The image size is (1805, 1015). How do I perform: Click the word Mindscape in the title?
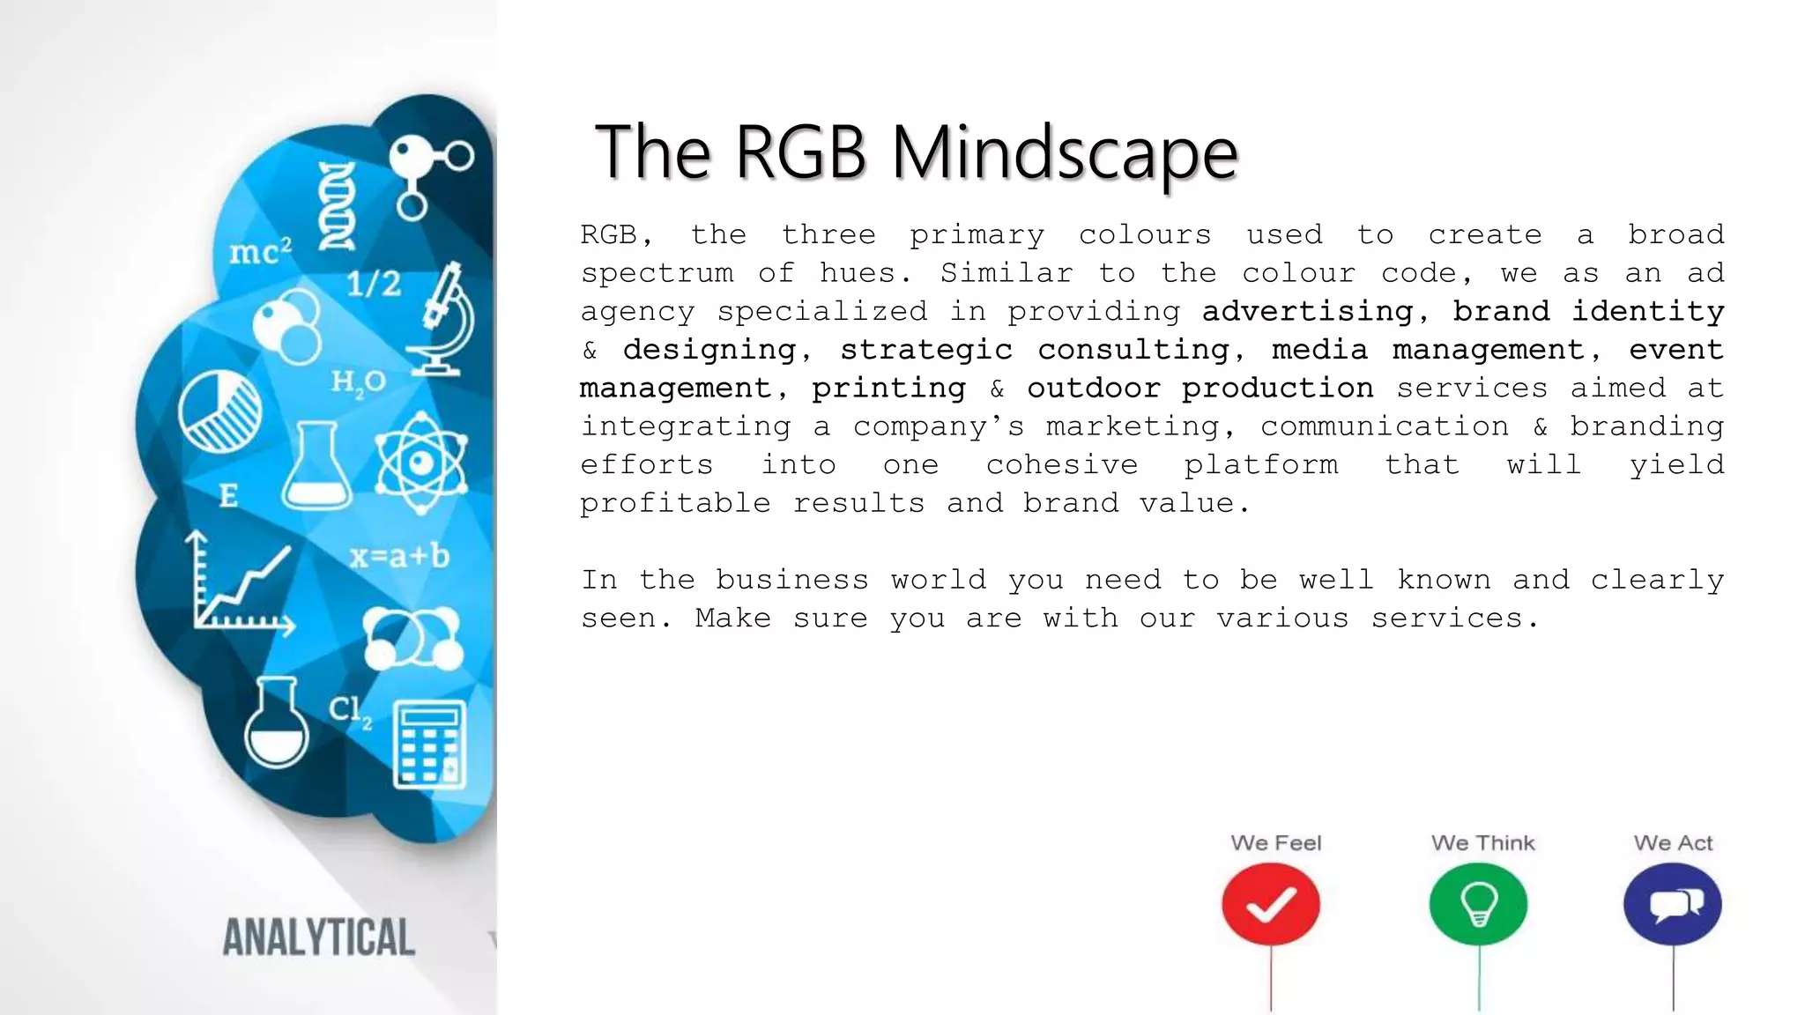(1065, 153)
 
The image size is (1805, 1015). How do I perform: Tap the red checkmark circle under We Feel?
(1270, 905)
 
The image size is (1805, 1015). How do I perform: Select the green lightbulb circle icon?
(1478, 905)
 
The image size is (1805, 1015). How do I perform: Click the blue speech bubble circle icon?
(1672, 905)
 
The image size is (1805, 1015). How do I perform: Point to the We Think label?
(1482, 843)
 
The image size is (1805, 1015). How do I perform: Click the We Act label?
(1672, 843)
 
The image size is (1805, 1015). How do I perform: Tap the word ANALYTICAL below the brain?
(318, 937)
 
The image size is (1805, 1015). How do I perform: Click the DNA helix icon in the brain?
(337, 205)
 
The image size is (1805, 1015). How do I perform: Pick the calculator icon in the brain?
(429, 745)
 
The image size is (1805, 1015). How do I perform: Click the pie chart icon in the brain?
(219, 411)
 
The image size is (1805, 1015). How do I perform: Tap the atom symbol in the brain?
(420, 463)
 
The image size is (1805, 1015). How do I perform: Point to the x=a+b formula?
(399, 557)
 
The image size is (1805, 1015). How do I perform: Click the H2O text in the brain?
(358, 382)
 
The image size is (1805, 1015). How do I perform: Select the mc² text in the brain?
(260, 252)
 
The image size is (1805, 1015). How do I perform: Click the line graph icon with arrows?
(240, 585)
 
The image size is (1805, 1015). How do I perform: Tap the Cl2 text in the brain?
(350, 710)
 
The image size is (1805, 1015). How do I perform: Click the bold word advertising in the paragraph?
(1307, 311)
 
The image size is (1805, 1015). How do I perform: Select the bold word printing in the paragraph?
(888, 388)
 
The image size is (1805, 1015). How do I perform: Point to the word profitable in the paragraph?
(674, 503)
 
